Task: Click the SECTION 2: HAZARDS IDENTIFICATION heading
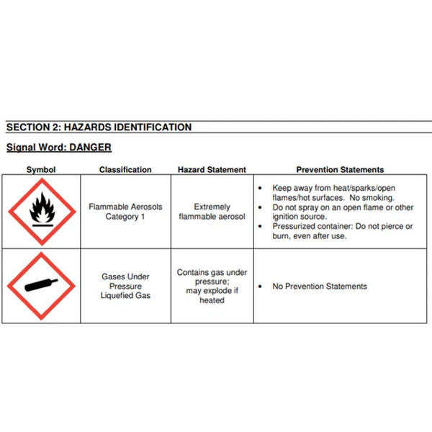[x=99, y=127]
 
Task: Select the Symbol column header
[x=41, y=170]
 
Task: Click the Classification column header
[x=125, y=170]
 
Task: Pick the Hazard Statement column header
[x=212, y=170]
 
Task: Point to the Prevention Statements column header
[x=340, y=170]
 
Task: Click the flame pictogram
[x=41, y=210]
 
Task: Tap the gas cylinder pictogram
[x=41, y=286]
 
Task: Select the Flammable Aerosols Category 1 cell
[x=125, y=212]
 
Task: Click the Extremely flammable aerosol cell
[x=212, y=212]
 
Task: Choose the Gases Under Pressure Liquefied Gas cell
[x=125, y=286]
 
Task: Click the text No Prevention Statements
[x=319, y=287]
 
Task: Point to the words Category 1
[x=125, y=217]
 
